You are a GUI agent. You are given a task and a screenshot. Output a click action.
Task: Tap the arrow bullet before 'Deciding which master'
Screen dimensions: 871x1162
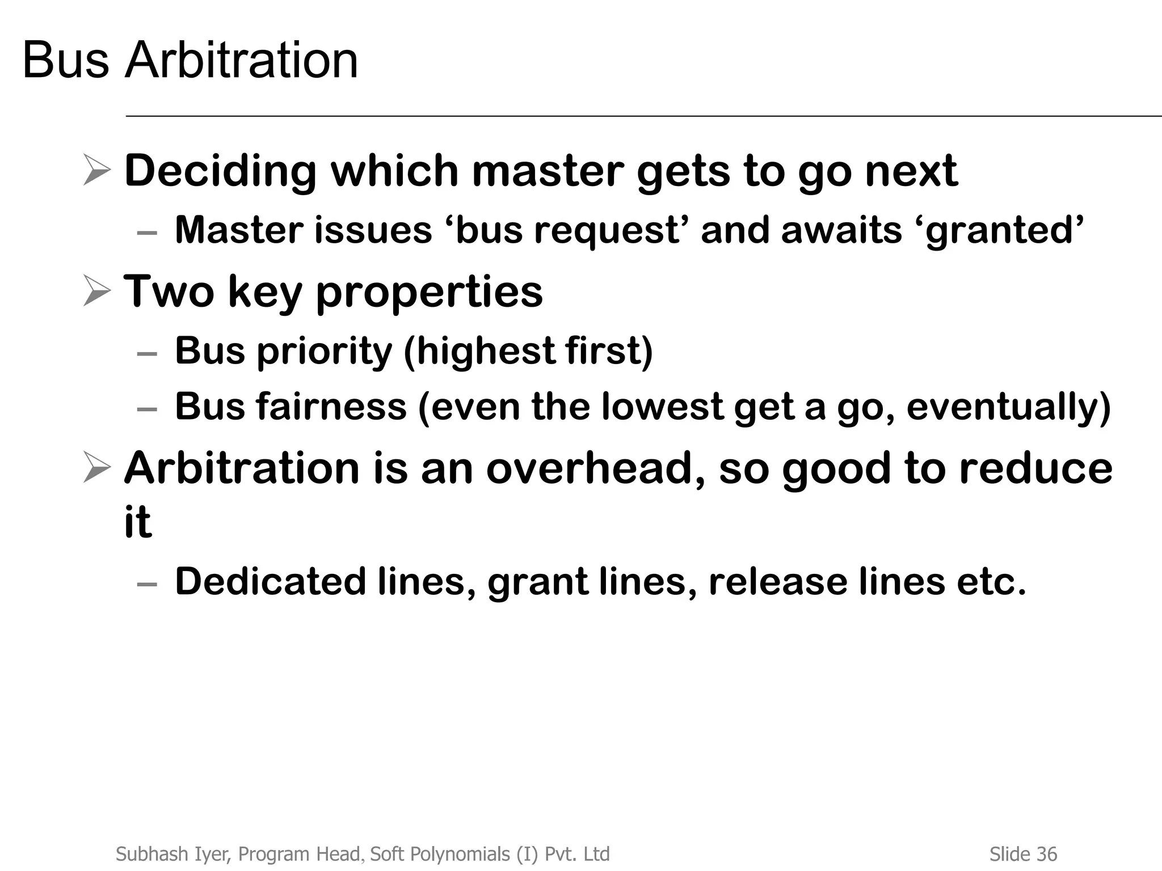point(96,170)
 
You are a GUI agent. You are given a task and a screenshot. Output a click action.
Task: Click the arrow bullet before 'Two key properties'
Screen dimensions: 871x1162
point(96,290)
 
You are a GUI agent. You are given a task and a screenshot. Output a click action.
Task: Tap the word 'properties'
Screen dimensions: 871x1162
point(429,293)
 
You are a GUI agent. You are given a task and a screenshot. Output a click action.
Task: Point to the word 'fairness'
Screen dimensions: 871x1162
point(331,407)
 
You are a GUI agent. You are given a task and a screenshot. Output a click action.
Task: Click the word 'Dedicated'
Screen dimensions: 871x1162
point(270,581)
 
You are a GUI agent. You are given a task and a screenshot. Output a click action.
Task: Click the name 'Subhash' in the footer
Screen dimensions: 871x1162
point(146,854)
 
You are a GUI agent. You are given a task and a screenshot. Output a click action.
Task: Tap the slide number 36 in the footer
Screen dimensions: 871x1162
point(1047,854)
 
